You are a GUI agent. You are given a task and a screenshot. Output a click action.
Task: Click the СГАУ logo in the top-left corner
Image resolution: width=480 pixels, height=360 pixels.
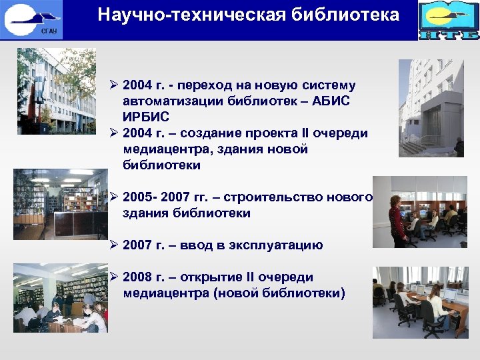pyautogui.click(x=33, y=19)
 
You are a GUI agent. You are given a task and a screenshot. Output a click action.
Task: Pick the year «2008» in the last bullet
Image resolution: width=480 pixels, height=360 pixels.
pyautogui.click(x=140, y=277)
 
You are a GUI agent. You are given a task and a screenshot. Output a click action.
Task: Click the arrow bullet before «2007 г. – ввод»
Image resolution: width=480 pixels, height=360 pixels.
pyautogui.click(x=115, y=245)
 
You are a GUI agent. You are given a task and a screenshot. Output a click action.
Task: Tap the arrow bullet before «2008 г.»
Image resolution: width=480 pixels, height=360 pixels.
pyautogui.click(x=115, y=277)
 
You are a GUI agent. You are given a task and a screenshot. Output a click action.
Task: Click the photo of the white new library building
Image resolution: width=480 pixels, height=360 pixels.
pyautogui.click(x=431, y=108)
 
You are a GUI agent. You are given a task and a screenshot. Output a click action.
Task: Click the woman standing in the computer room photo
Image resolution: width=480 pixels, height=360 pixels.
pyautogui.click(x=397, y=217)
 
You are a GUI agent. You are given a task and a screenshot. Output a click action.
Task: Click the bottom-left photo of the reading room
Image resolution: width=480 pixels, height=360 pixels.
pyautogui.click(x=60, y=297)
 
